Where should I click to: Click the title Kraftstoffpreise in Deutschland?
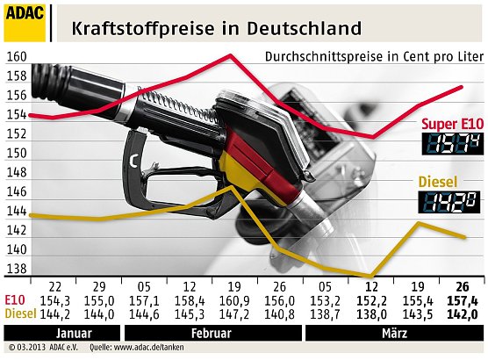pos(215,27)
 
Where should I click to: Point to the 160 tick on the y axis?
pos(16,57)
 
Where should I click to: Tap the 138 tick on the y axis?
pos(16,269)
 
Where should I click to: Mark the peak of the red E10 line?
pos(230,55)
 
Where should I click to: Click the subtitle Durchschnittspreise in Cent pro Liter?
pos(369,57)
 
